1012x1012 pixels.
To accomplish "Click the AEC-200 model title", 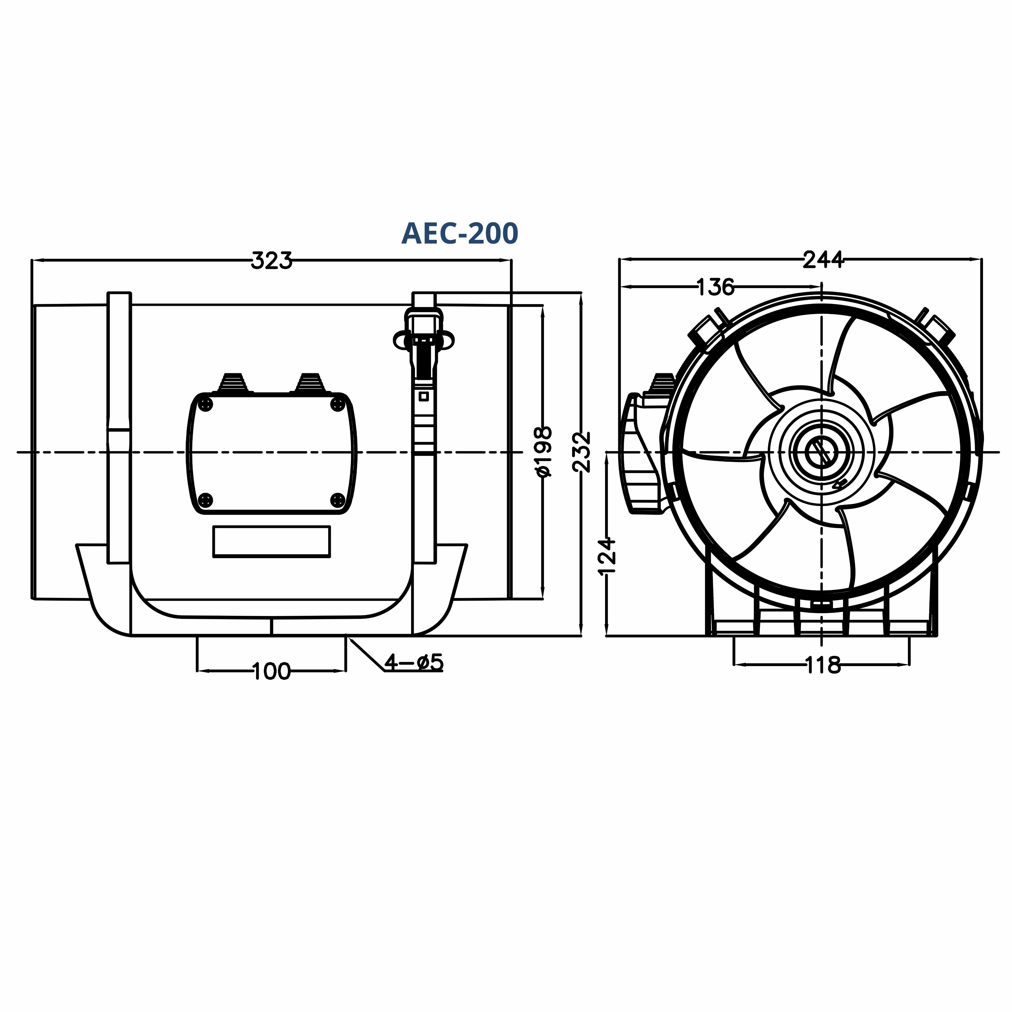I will tap(459, 234).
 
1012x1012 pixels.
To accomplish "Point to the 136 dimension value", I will tap(716, 287).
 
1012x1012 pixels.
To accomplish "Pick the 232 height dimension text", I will tap(582, 452).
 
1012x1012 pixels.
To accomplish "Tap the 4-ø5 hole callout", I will tap(414, 663).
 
